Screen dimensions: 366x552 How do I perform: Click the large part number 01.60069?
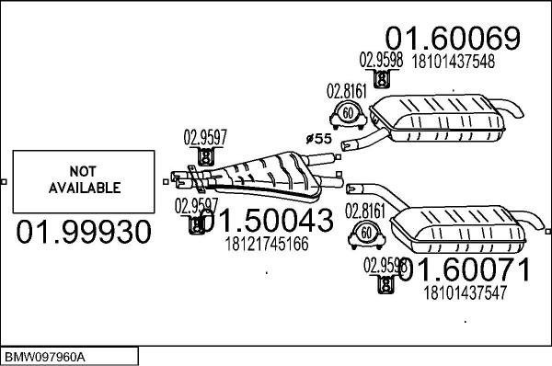pos(453,38)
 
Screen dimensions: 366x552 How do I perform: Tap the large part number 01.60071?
pos(463,270)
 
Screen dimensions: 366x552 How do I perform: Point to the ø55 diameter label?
pos(317,138)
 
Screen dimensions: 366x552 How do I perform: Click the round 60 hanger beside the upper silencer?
pos(348,115)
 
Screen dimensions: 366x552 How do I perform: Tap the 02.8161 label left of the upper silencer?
pos(346,91)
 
